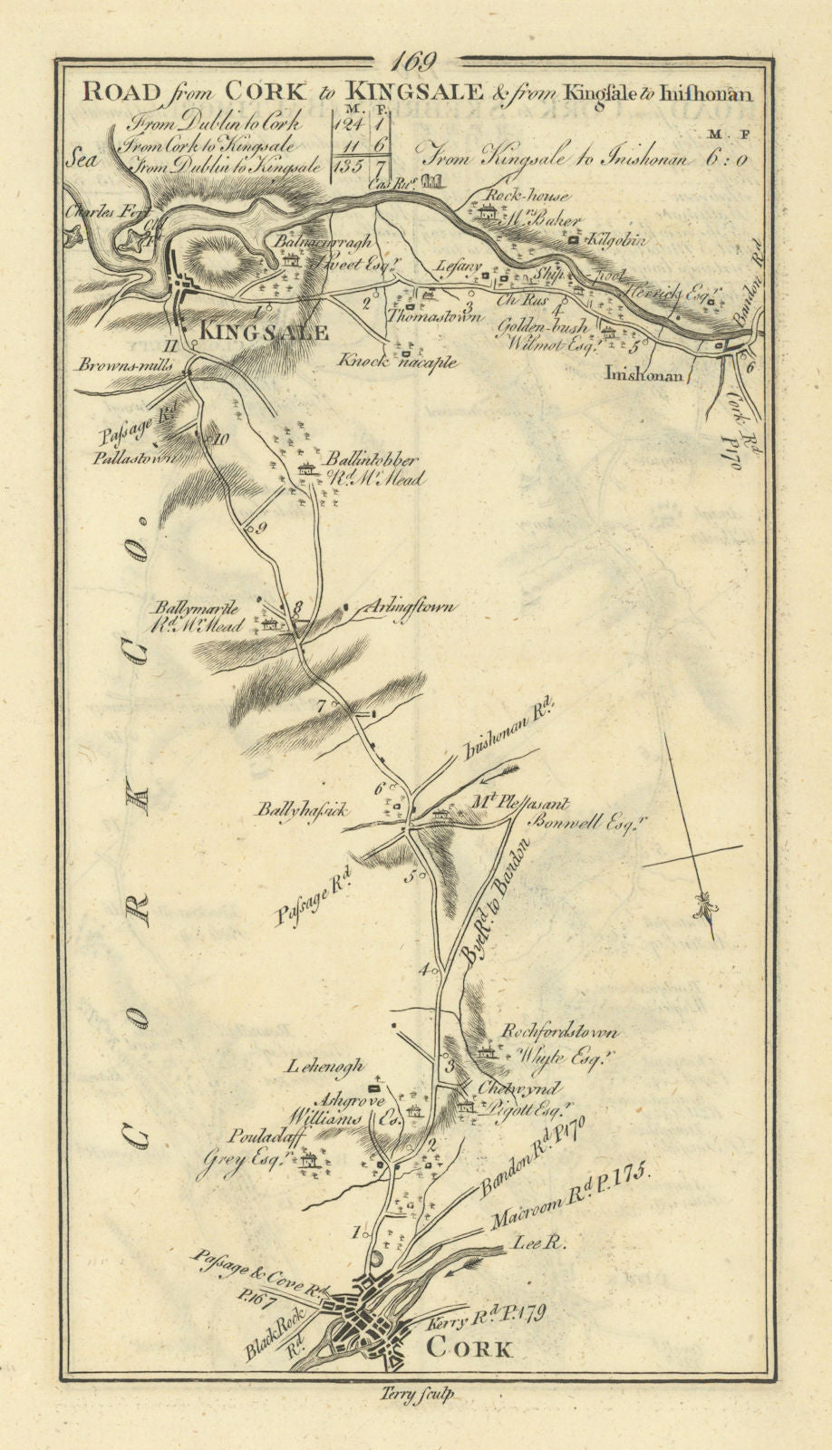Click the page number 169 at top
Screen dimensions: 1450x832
[x=415, y=62]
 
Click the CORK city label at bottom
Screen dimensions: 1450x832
[x=468, y=1348]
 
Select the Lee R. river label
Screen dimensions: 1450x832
[x=541, y=1244]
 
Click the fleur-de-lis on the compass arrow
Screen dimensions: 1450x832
[x=706, y=904]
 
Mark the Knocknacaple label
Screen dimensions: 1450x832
[x=397, y=361]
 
